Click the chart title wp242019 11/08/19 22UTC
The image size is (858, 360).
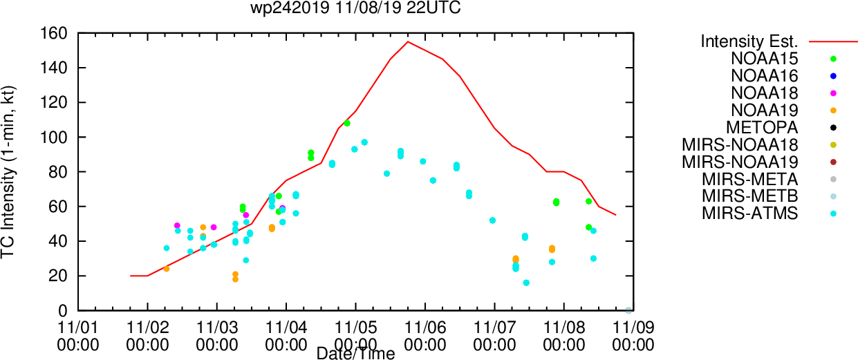point(355,8)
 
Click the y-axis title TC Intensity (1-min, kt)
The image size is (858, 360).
point(8,172)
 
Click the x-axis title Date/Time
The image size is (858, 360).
point(355,353)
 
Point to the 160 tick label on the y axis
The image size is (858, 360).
point(54,33)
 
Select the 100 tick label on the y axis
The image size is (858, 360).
point(54,137)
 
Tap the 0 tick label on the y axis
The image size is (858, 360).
point(63,311)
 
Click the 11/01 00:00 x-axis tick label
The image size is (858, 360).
point(78,337)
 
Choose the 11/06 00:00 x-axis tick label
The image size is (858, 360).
point(425,337)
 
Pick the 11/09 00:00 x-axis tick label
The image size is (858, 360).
point(633,337)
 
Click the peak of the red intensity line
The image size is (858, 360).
point(408,41)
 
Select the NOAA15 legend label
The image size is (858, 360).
point(764,59)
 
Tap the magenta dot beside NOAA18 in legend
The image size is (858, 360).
point(833,93)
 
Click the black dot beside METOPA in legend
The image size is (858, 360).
point(833,128)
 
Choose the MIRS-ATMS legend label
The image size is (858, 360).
point(749,214)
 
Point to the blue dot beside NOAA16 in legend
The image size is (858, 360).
point(833,76)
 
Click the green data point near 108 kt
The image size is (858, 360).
point(347,123)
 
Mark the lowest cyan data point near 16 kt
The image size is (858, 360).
point(526,283)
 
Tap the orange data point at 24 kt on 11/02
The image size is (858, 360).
point(166,269)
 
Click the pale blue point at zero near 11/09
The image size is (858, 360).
point(628,310)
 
